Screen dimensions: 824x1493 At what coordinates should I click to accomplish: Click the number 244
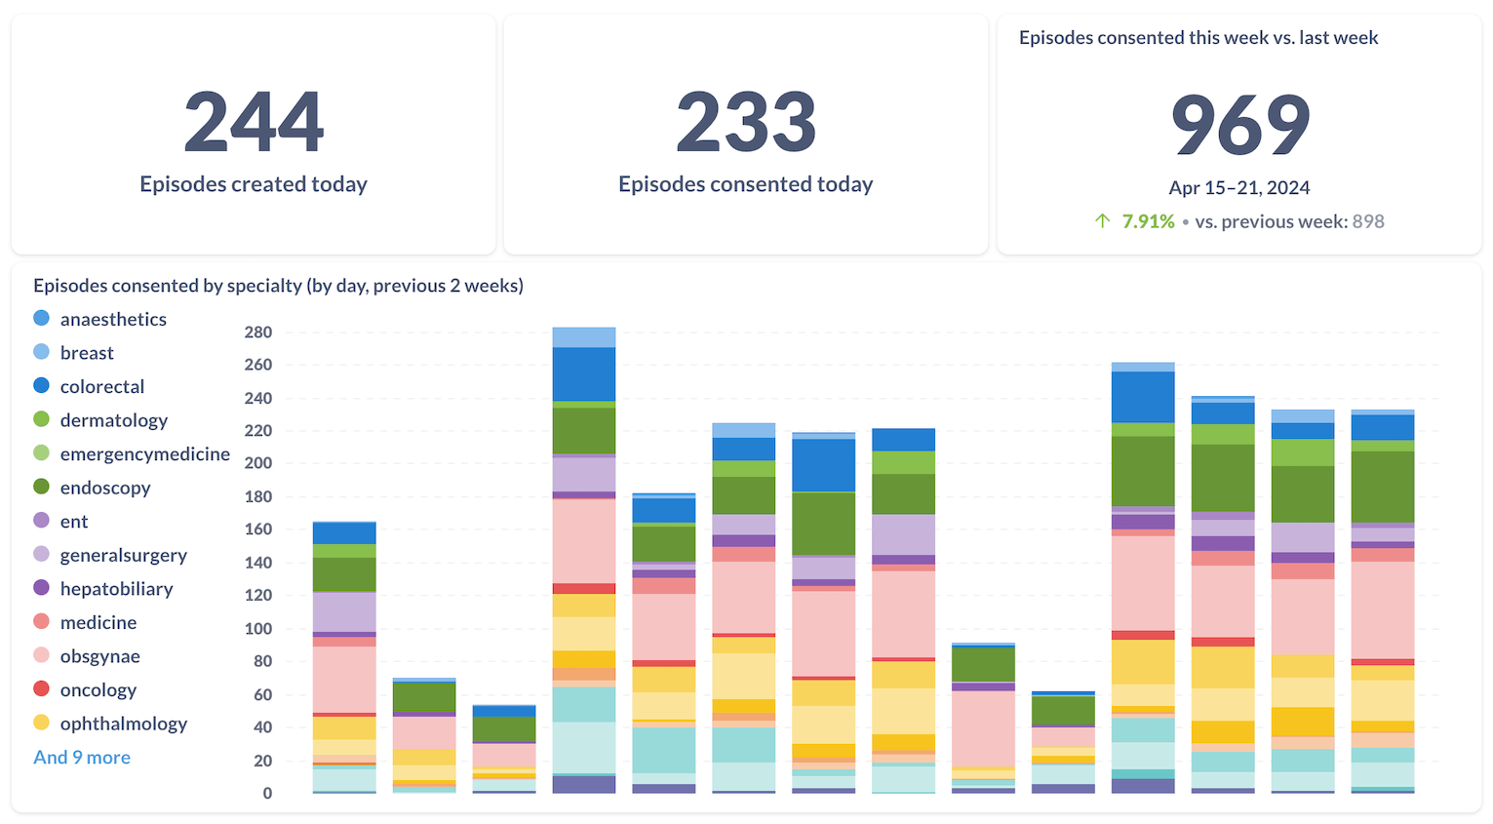[254, 122]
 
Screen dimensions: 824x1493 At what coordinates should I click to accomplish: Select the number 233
[746, 122]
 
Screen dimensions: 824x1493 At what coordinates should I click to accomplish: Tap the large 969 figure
[1239, 126]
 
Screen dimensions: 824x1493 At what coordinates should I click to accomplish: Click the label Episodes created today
[254, 184]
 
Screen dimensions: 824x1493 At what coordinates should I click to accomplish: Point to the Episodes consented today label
[746, 184]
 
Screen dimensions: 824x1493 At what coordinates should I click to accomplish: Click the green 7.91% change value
[1148, 221]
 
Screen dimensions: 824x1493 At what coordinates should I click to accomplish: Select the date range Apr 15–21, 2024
[1239, 187]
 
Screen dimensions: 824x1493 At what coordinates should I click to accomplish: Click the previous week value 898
[1368, 221]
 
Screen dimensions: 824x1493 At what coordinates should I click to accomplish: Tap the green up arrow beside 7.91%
[1102, 221]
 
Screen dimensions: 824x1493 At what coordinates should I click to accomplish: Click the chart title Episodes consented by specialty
[278, 286]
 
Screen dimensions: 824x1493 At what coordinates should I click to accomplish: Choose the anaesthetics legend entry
[112, 319]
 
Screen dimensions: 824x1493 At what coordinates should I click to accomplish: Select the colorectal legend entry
[101, 386]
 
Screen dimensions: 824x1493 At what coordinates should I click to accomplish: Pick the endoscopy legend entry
[104, 488]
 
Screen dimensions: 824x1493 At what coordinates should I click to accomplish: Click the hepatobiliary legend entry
[116, 589]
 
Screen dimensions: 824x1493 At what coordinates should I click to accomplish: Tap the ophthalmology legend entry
[123, 724]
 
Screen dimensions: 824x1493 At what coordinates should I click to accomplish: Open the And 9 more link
[82, 758]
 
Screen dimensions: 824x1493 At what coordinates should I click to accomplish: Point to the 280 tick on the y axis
[258, 333]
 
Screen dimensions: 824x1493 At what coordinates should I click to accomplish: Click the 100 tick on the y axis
[258, 629]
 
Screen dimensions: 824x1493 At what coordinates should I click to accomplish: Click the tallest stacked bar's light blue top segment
[583, 337]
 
